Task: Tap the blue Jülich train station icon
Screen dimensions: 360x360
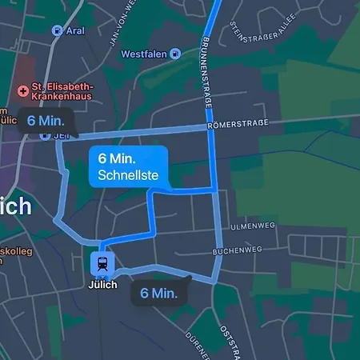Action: coord(102,262)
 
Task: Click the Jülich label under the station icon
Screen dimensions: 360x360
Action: coord(102,285)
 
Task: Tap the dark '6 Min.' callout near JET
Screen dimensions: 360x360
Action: coord(45,121)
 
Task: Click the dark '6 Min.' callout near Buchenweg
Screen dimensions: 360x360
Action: coord(158,293)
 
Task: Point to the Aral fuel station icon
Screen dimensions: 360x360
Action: coord(56,30)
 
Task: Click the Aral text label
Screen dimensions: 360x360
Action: coord(76,30)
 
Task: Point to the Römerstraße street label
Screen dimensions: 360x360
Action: coord(235,125)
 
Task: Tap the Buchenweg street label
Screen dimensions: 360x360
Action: coord(237,250)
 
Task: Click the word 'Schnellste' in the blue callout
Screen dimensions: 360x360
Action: coord(128,175)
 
